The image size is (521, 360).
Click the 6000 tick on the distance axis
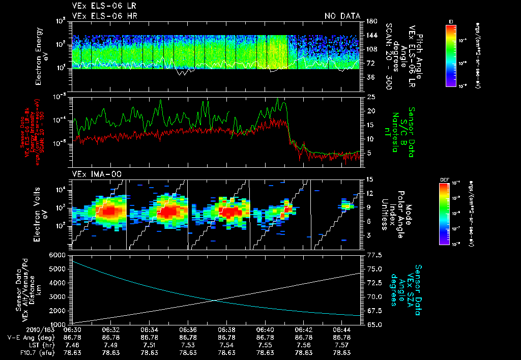(57, 254)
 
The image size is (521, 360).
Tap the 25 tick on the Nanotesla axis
(370, 97)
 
